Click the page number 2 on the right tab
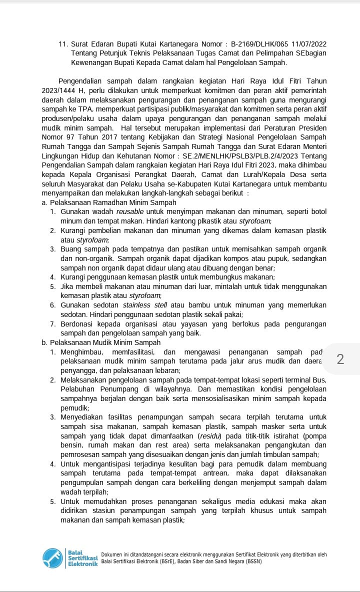340,359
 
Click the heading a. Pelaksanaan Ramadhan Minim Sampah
109,202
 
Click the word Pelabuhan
77,388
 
